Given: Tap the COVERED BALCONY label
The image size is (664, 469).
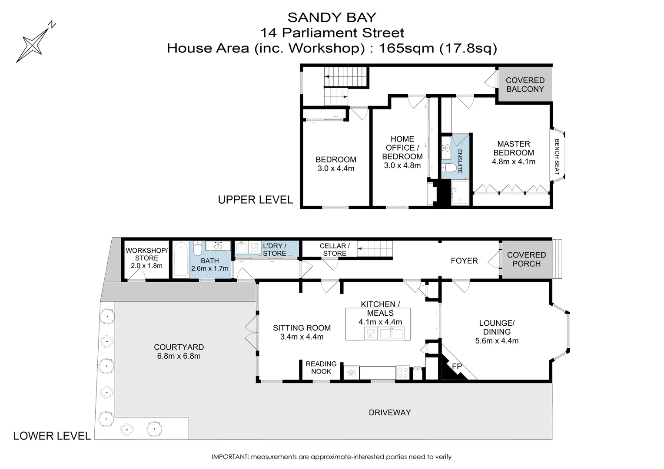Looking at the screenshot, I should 525,85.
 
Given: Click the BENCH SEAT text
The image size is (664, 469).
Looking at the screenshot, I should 556,157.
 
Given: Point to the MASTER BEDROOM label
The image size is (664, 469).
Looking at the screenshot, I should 513,148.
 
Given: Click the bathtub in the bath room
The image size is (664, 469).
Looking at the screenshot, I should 181,260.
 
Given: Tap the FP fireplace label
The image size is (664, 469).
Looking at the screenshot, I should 457,367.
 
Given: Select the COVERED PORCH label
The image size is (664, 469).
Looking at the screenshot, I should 526,259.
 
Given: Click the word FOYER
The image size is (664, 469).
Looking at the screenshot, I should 464,261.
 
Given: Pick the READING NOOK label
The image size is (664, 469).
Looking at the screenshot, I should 321,367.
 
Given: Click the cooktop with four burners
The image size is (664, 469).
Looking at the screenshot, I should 402,373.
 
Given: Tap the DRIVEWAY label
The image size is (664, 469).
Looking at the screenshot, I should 389,413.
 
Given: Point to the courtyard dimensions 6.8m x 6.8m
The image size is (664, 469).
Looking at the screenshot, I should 179,357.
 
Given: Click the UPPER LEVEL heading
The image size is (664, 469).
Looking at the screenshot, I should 255,200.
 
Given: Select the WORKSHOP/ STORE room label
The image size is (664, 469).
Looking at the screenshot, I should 146,254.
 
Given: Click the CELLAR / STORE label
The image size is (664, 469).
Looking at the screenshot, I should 334,249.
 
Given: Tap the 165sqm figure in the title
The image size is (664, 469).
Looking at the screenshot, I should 406,48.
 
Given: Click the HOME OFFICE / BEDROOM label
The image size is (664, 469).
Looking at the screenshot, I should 402,148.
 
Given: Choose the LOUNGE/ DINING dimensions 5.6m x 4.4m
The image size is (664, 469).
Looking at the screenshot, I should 496,341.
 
